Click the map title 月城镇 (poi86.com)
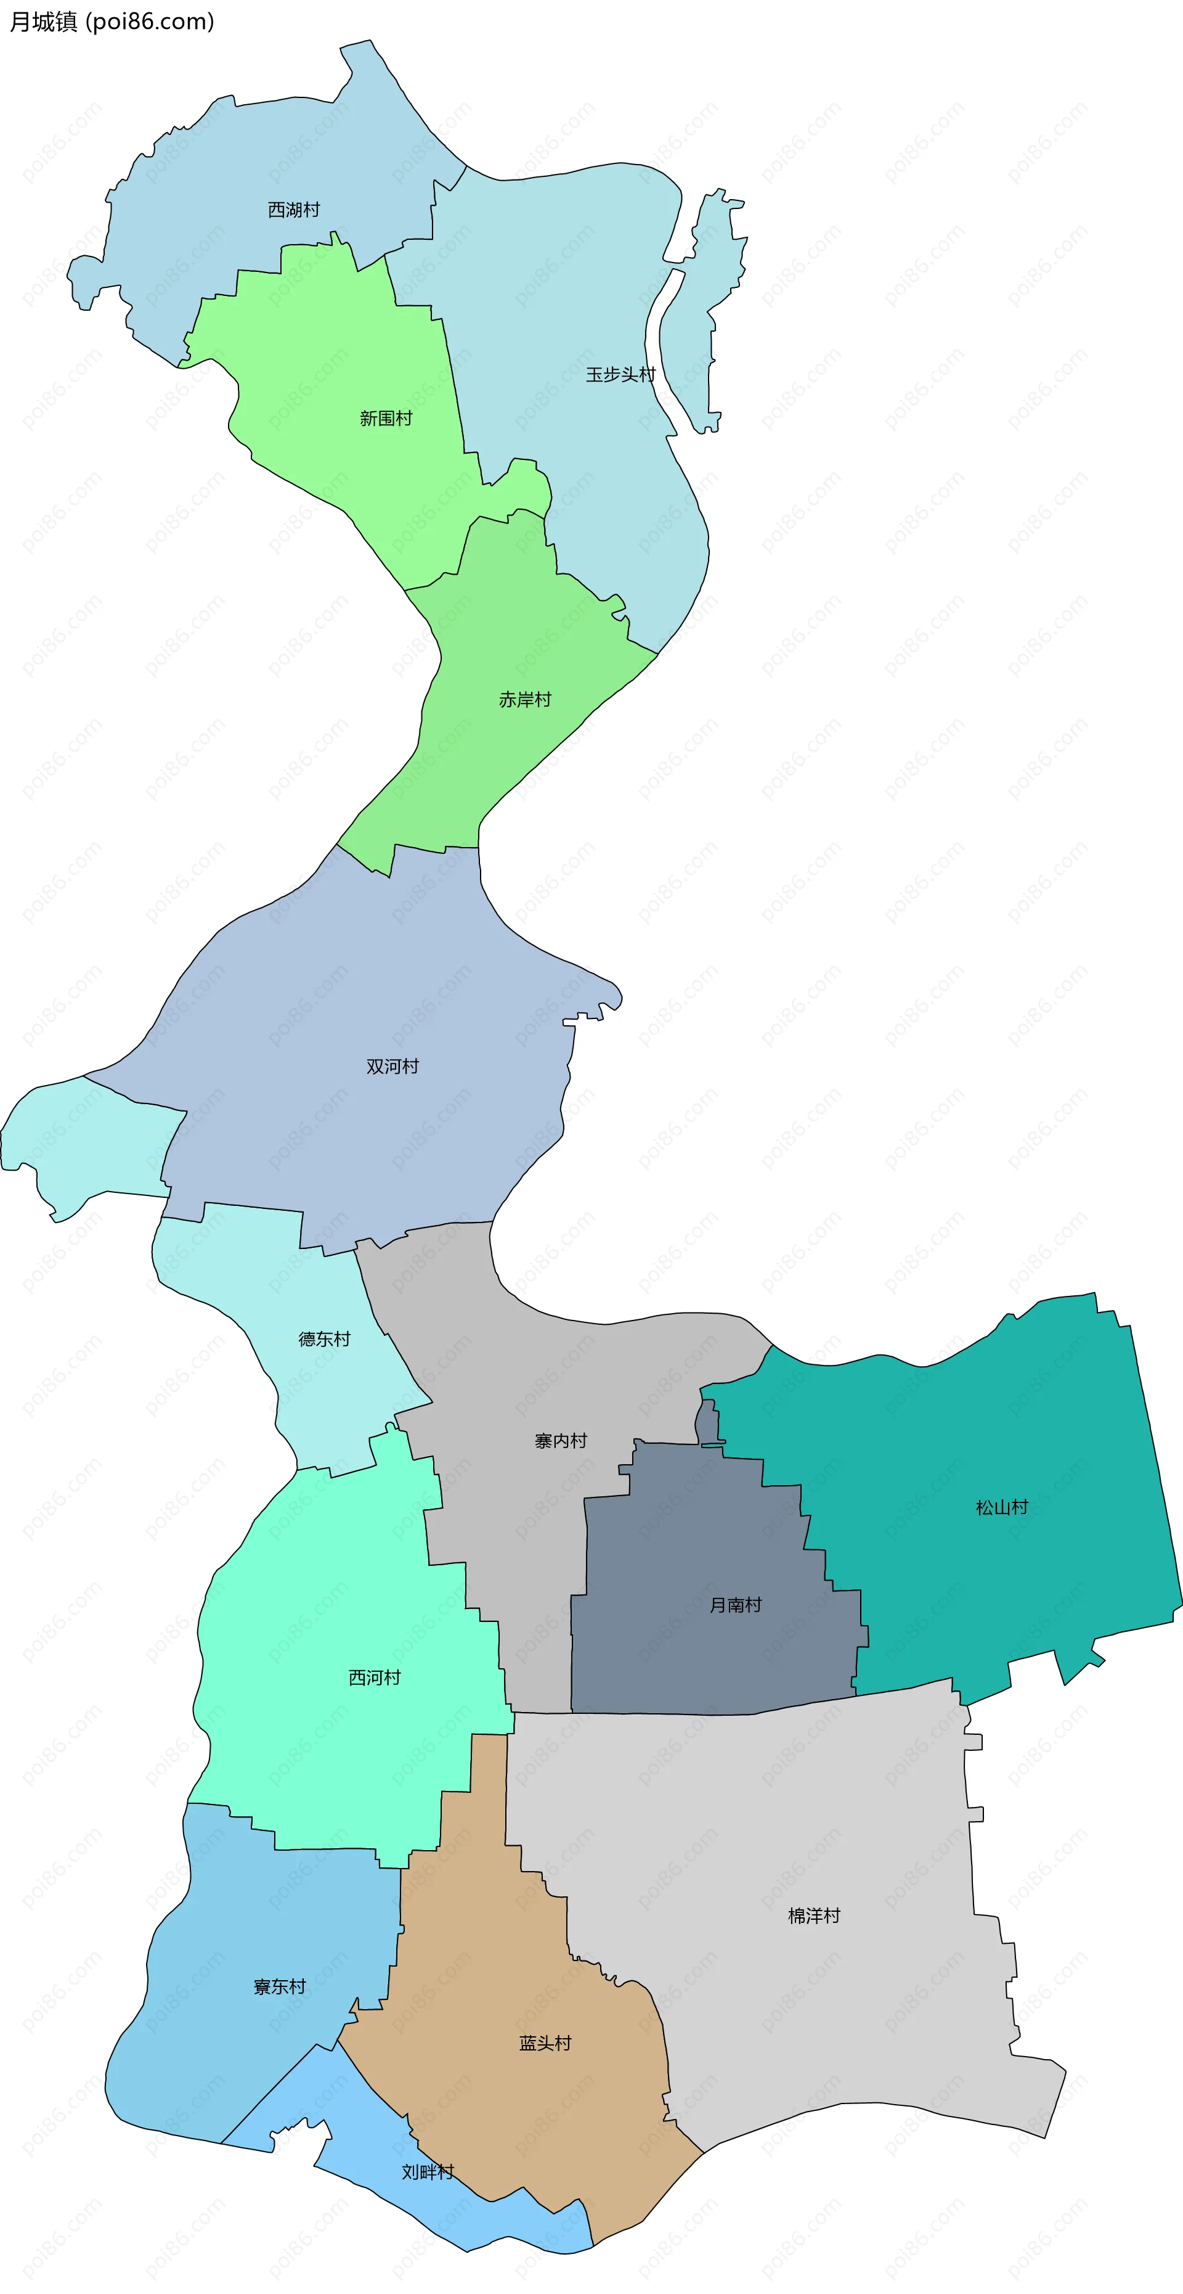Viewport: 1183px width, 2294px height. [112, 22]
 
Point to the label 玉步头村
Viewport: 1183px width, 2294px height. [620, 374]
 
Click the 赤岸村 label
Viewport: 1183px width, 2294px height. [524, 699]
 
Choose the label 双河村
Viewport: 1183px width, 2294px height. [392, 1066]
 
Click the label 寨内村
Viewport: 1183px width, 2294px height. [561, 1440]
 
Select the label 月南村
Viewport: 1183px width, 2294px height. [735, 1605]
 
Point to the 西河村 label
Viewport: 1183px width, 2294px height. [374, 1677]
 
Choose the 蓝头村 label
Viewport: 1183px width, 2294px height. [545, 2043]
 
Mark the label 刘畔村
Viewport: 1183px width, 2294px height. [427, 2171]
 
